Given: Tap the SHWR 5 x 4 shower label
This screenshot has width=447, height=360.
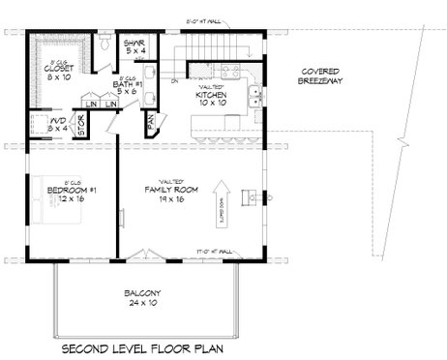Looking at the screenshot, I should [x=134, y=46].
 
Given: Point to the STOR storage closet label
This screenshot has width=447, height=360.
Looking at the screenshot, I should [x=108, y=124].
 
